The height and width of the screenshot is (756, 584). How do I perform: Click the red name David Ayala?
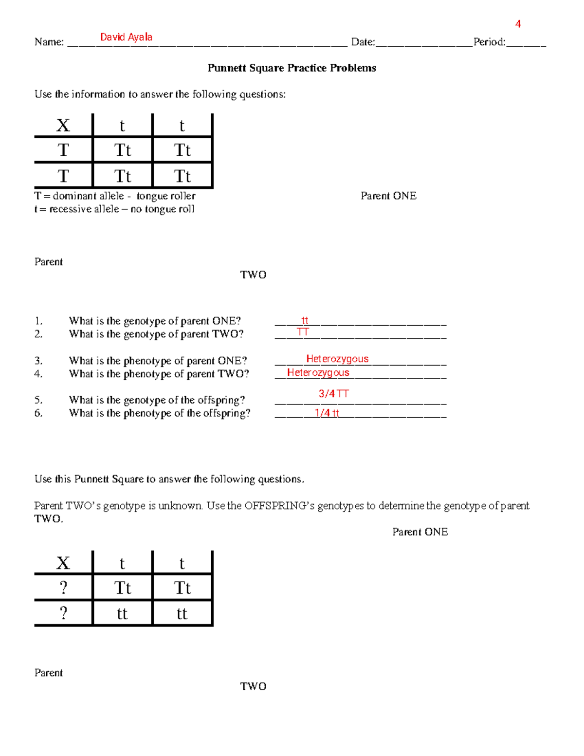click(126, 37)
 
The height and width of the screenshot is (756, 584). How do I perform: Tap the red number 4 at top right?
click(518, 24)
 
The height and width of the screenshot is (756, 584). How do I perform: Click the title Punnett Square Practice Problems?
click(292, 68)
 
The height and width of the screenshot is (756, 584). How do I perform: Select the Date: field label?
click(363, 42)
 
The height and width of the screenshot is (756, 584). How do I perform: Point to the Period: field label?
click(489, 42)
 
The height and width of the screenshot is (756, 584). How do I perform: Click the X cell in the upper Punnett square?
click(63, 126)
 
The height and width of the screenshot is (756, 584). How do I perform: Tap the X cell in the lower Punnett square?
click(63, 563)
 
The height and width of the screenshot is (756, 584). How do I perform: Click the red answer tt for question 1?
click(305, 320)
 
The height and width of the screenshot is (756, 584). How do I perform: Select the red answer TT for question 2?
click(303, 332)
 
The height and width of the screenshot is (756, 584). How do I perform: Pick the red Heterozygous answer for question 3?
click(337, 359)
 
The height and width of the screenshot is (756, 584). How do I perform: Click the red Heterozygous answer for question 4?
click(318, 372)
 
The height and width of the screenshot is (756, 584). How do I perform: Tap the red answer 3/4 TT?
click(333, 393)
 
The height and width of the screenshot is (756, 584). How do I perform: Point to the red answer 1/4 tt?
click(327, 413)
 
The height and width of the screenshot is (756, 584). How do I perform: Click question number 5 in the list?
click(38, 400)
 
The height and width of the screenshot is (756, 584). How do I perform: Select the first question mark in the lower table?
click(63, 588)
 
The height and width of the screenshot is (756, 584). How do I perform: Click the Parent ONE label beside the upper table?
click(388, 196)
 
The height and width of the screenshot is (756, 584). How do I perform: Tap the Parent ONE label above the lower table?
click(420, 532)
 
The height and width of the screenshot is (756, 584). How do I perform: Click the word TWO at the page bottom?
click(253, 686)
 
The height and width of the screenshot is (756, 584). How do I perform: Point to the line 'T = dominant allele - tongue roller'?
click(115, 196)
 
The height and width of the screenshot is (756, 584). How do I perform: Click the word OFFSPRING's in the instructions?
click(279, 506)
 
